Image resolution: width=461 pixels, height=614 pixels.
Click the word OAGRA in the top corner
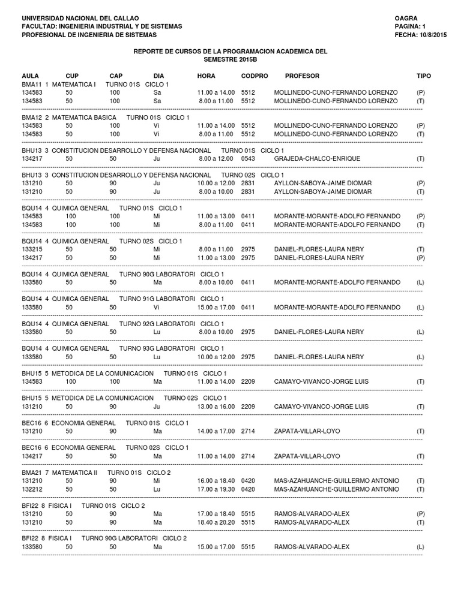(x=406, y=19)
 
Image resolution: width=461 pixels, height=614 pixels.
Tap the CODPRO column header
(x=255, y=76)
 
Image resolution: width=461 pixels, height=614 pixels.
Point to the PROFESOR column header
(x=302, y=76)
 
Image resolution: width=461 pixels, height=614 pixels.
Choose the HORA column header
(x=206, y=76)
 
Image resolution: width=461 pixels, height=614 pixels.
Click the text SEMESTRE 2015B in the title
(x=230, y=60)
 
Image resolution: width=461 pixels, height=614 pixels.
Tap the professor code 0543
(x=248, y=158)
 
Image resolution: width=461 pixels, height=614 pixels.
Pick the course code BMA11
(x=31, y=85)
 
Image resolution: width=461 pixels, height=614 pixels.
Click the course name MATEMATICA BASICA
(x=84, y=117)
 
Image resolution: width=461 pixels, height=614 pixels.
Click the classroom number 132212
(x=32, y=489)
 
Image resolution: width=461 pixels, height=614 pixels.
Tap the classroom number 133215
(x=32, y=249)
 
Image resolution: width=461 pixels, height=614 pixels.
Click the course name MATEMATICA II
(x=74, y=472)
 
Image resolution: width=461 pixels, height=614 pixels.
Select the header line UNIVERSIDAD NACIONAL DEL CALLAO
(x=80, y=19)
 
